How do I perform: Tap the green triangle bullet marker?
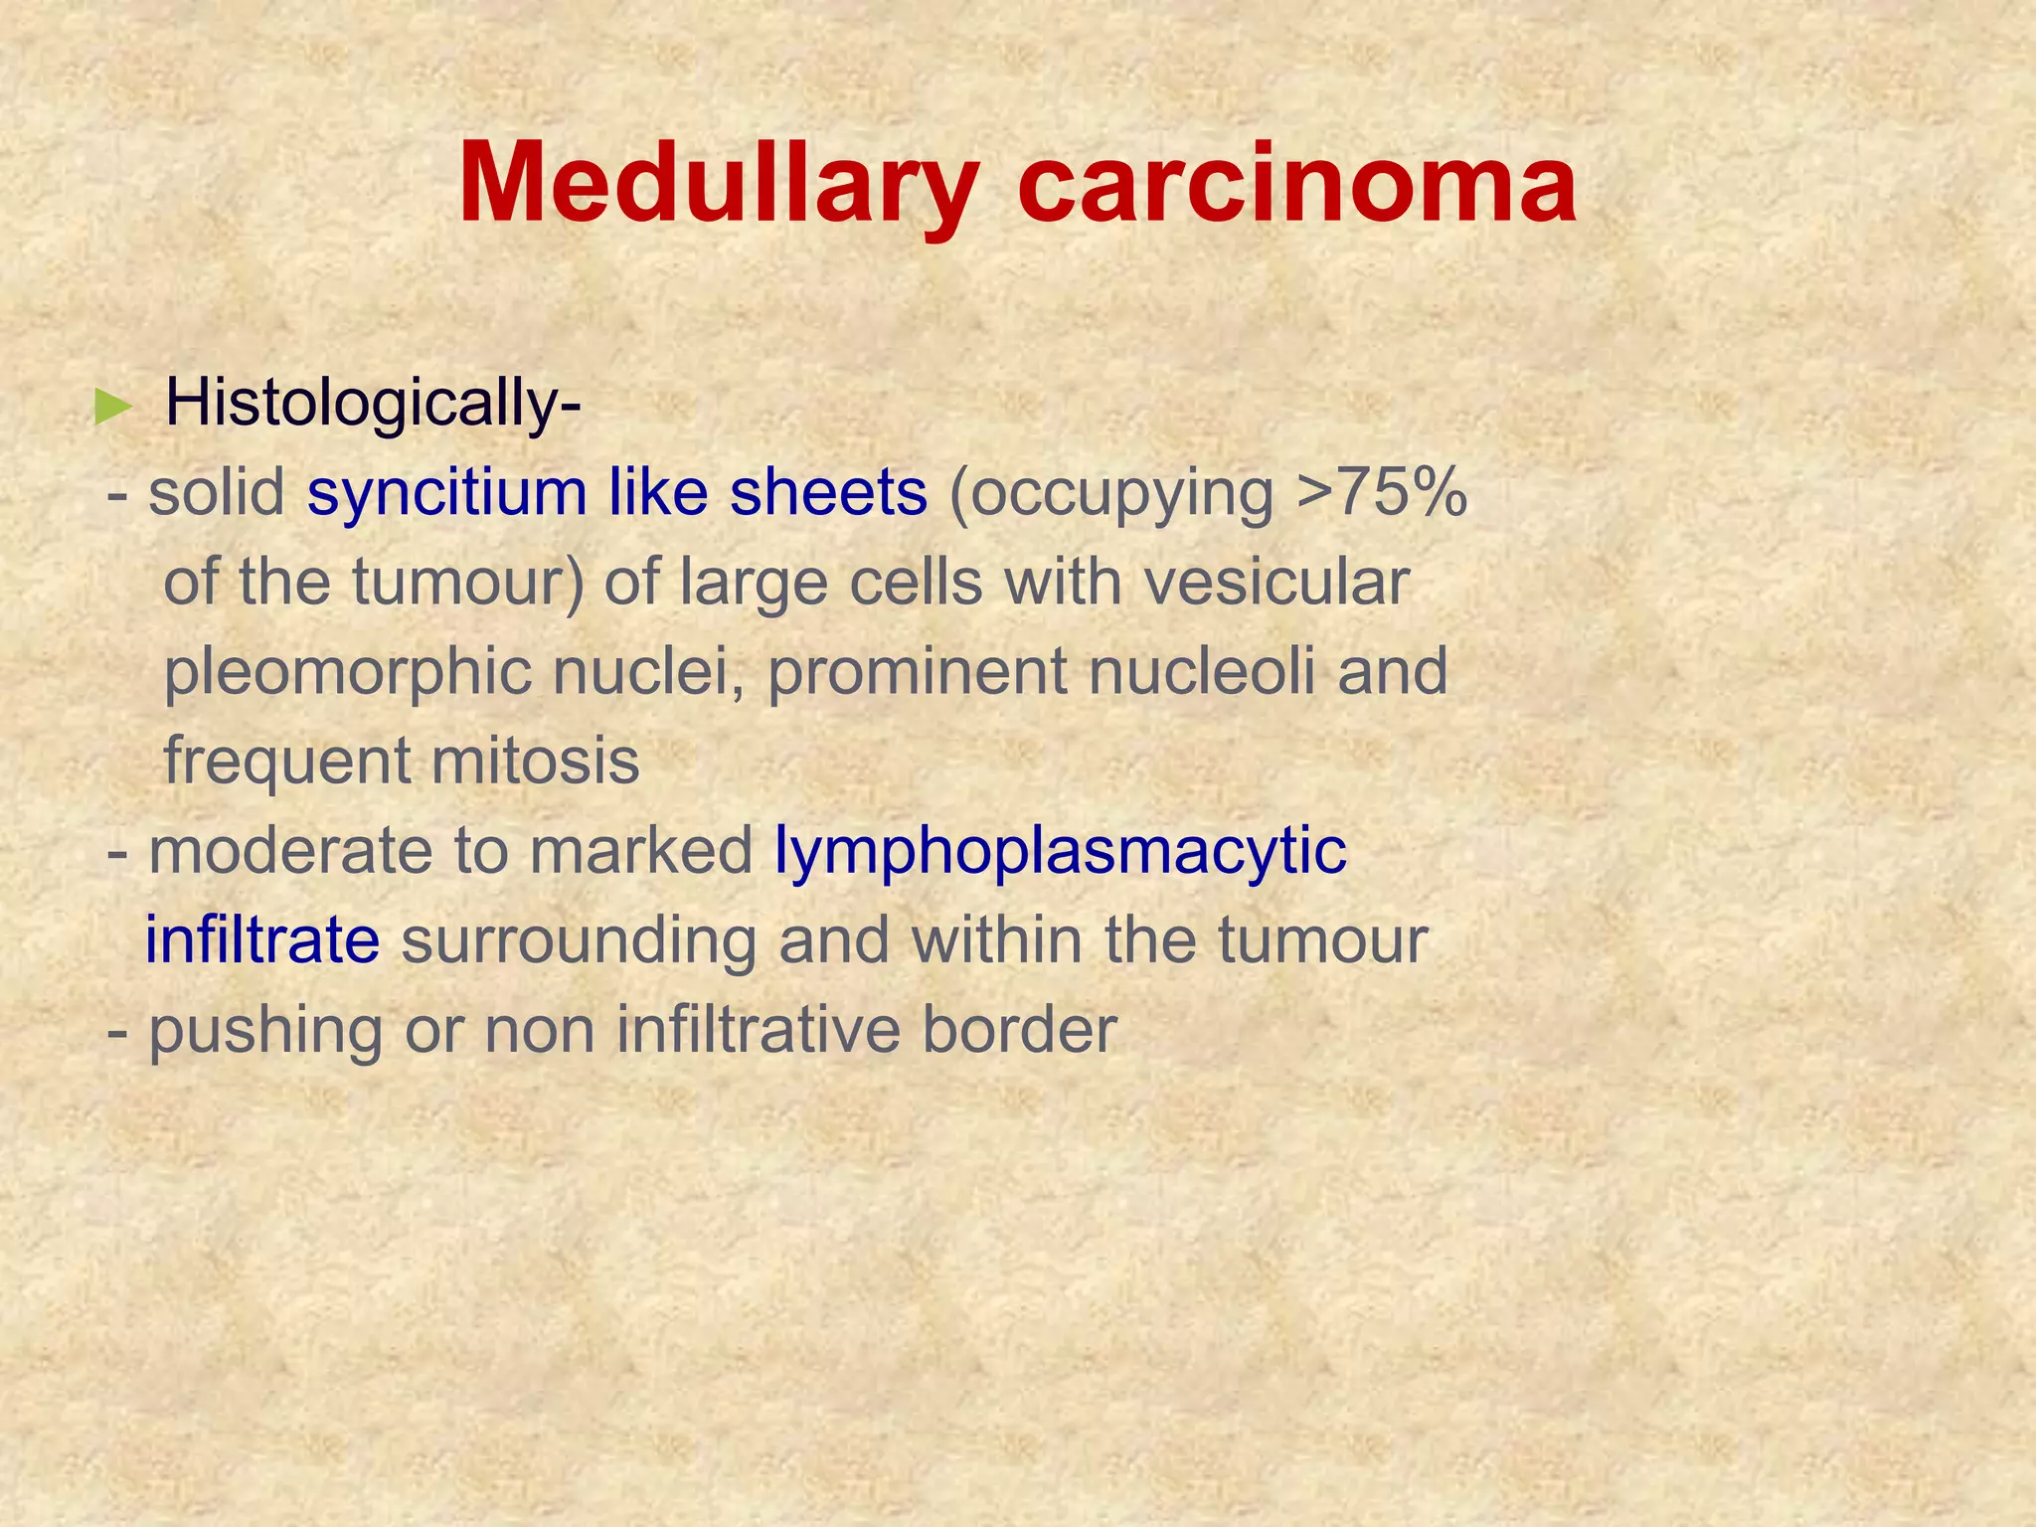point(112,407)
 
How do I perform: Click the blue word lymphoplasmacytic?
point(1061,853)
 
